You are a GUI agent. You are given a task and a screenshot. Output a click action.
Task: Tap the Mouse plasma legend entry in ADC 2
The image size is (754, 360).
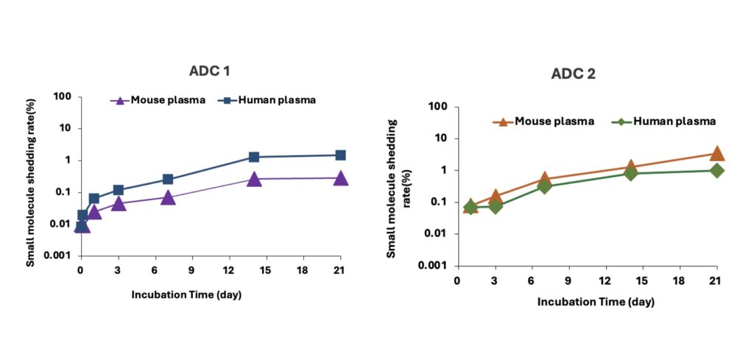pos(544,121)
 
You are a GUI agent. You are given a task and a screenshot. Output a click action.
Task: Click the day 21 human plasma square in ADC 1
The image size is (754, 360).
pos(340,155)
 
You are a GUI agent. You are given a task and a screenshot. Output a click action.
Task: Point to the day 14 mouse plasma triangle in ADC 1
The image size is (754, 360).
pos(254,179)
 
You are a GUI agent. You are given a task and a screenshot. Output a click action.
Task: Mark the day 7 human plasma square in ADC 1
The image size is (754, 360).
pos(168,179)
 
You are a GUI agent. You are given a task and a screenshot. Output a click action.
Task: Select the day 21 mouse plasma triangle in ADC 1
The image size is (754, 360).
pos(340,178)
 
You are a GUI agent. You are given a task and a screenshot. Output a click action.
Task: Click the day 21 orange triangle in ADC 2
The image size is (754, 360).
pos(716,153)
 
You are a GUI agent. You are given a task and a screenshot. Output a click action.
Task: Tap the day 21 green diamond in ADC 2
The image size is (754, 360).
pos(716,171)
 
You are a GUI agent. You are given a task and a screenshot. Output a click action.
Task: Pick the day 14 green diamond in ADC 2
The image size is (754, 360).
pos(630,173)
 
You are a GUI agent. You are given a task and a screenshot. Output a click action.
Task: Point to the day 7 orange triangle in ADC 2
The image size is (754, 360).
pos(544,179)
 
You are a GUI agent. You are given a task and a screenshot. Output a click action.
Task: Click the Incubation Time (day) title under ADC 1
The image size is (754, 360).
pos(186,294)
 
